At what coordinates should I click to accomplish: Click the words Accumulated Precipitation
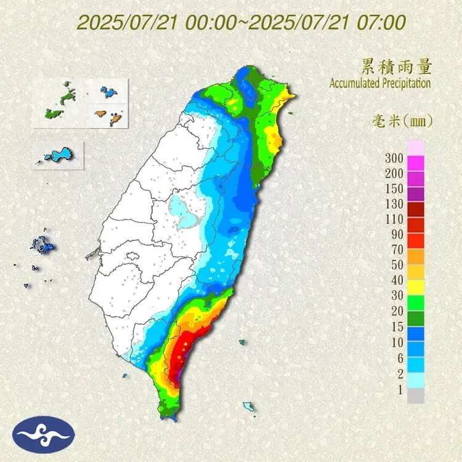tap(379, 83)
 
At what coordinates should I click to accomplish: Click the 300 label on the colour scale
tap(394, 158)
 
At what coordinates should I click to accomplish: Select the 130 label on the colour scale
tap(394, 204)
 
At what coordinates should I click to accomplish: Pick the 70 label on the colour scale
tap(394, 249)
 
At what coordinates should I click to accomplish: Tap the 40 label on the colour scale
tap(394, 280)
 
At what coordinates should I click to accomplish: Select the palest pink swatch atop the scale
tap(416, 147)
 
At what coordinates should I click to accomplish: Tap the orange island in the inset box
tap(100, 113)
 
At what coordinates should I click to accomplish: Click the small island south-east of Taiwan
tap(249, 407)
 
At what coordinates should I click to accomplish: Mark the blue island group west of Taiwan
tap(44, 247)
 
